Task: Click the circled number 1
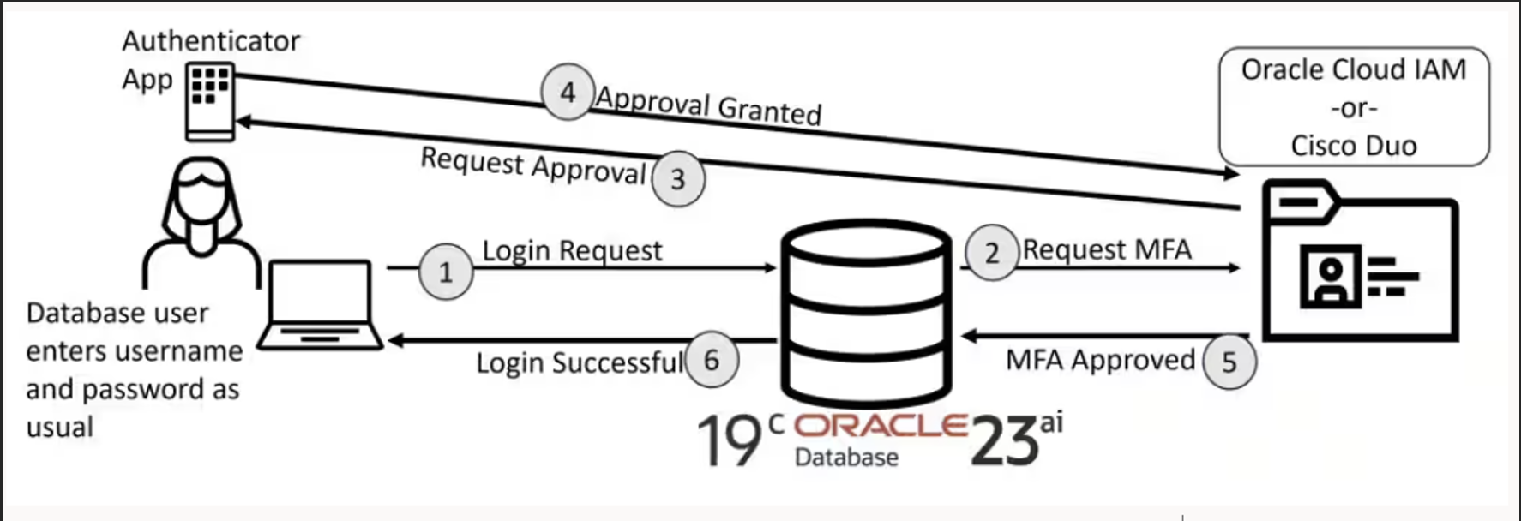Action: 446,272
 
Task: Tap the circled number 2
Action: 991,253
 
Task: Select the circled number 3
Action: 677,179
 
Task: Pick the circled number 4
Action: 568,92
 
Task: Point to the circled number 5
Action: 1229,362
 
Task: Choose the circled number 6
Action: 712,360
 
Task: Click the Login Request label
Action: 572,250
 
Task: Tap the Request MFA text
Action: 1107,249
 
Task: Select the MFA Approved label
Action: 1100,360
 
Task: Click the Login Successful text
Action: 580,362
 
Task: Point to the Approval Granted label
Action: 708,106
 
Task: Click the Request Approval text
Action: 532,165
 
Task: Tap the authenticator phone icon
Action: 210,102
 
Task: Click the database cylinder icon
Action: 866,313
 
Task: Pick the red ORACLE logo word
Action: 881,426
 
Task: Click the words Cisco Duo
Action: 1353,146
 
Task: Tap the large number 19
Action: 729,441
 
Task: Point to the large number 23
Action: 1004,441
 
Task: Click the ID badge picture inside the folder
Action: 1330,277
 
